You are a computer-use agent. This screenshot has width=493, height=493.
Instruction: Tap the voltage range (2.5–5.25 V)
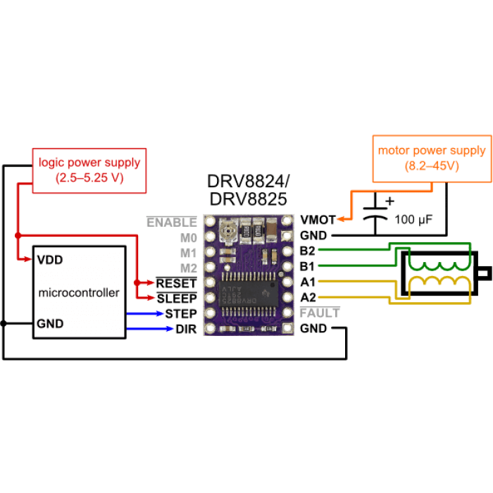tap(89, 178)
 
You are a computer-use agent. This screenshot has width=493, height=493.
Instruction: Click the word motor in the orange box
tap(392, 151)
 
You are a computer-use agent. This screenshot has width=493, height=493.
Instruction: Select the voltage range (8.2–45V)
tap(431, 166)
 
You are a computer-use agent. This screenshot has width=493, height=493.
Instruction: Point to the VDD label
tap(50, 260)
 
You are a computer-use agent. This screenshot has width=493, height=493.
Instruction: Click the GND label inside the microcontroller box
tap(50, 324)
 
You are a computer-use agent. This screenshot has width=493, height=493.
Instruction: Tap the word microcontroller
tap(79, 292)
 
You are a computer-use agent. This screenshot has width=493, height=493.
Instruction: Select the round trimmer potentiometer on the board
tap(228, 228)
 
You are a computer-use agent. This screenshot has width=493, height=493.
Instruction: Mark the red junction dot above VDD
tap(17, 235)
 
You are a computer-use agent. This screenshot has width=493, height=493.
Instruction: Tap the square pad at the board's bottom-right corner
tap(287, 328)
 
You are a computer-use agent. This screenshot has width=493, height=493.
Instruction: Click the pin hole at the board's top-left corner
tap(209, 221)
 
